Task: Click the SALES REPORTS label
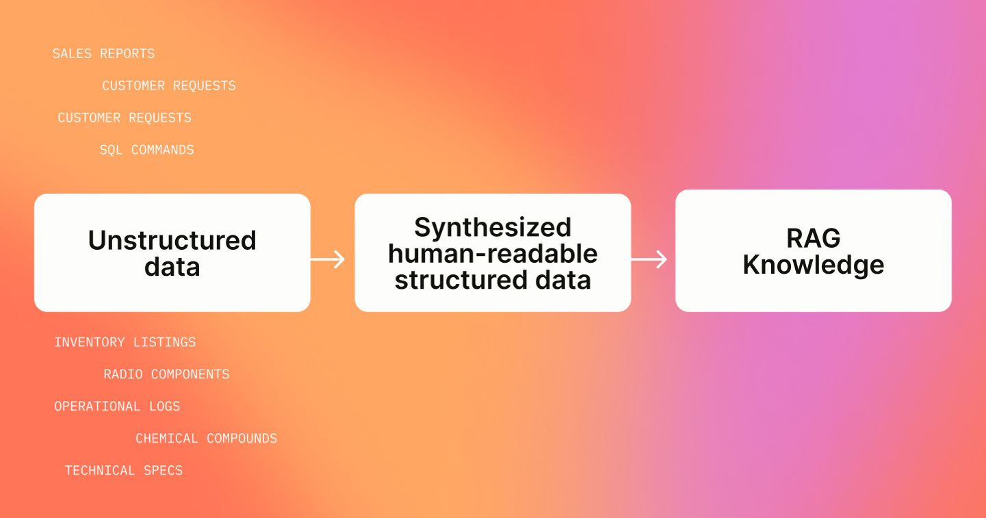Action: coord(103,53)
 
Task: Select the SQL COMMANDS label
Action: coord(146,150)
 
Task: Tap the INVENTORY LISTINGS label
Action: coord(125,342)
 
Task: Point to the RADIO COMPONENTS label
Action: coord(166,374)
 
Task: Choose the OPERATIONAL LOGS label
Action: coord(117,406)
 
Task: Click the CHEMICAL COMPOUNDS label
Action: coord(206,439)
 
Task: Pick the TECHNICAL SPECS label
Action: coord(124,471)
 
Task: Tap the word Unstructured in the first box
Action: coord(172,240)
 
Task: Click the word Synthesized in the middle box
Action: coord(493,227)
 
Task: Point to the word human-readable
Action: coord(493,254)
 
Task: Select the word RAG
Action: coord(813,238)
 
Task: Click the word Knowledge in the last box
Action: coord(813,265)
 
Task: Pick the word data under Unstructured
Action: coord(172,266)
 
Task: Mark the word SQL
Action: coord(111,150)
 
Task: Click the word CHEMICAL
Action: coord(167,439)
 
